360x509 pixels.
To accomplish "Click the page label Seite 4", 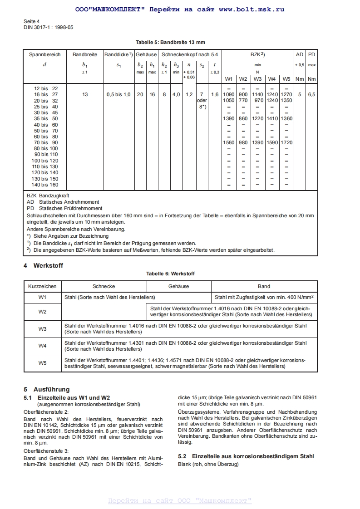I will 31,21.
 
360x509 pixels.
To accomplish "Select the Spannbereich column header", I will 44,54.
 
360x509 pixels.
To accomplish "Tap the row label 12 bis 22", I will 46,88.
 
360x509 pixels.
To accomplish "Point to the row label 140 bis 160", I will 44,185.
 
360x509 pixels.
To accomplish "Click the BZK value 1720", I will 286,142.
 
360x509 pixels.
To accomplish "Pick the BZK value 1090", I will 229,94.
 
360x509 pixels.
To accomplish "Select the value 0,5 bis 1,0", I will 118,94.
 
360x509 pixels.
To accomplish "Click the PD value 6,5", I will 312,94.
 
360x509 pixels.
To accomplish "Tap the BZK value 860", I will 243,118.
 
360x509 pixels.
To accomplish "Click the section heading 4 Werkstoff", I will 43,265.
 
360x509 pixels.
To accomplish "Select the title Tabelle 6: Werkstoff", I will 170,274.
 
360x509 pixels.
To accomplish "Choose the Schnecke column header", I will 104,286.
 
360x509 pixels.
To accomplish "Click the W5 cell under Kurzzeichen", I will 42,363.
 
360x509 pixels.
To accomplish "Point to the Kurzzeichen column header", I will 42,286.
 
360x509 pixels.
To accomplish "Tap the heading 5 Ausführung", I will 47,389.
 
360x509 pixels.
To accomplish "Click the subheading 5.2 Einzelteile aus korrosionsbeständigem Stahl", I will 246,456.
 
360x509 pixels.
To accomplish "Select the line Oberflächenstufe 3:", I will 46,451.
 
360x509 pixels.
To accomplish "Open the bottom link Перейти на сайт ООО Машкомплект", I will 180,501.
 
